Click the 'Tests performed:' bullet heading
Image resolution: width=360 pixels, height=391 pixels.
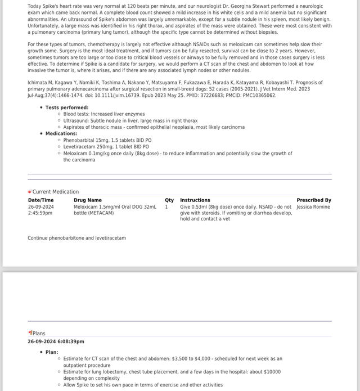tap(67, 107)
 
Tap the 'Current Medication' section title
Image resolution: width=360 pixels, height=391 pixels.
tap(56, 192)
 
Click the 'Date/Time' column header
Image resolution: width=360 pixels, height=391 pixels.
tap(41, 200)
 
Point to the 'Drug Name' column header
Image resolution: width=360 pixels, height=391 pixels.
tap(88, 200)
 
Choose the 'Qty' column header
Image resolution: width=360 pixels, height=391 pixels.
tap(169, 200)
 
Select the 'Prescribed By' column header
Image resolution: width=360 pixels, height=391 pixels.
tap(314, 200)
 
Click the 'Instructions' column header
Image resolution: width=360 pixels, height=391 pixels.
tap(195, 200)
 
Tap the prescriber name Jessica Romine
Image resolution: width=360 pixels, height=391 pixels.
tap(313, 207)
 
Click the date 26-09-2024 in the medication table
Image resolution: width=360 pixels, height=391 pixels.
tap(41, 207)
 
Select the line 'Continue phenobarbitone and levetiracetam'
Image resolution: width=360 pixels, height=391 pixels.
tap(77, 238)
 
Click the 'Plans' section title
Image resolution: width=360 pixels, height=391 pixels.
tap(39, 334)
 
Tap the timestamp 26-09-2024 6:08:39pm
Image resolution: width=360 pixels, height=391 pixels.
tap(56, 341)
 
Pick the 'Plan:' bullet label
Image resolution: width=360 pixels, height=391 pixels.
tap(52, 352)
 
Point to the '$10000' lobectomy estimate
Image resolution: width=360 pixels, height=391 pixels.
tap(269, 372)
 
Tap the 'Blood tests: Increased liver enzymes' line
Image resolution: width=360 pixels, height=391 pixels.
tap(104, 114)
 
